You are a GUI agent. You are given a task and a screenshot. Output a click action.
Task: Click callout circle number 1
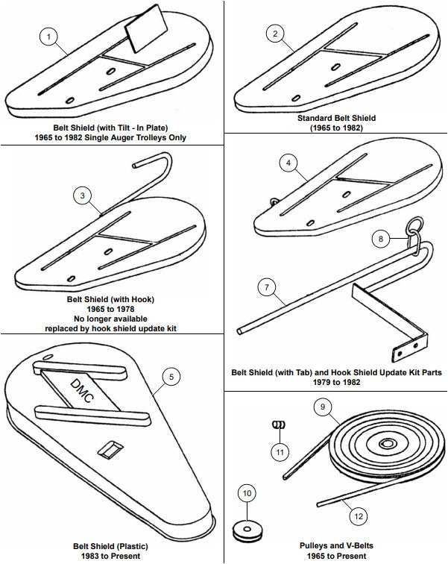coord(48,36)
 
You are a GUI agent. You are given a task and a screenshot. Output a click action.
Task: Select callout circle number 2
coord(276,34)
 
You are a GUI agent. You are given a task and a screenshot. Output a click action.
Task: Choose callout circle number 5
coord(171,377)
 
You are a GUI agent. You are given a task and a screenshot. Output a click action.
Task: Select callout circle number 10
coord(247,493)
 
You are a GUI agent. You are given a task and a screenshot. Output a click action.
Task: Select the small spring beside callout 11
coord(280,425)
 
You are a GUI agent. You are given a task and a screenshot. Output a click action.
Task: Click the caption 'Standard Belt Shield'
coord(336,118)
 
